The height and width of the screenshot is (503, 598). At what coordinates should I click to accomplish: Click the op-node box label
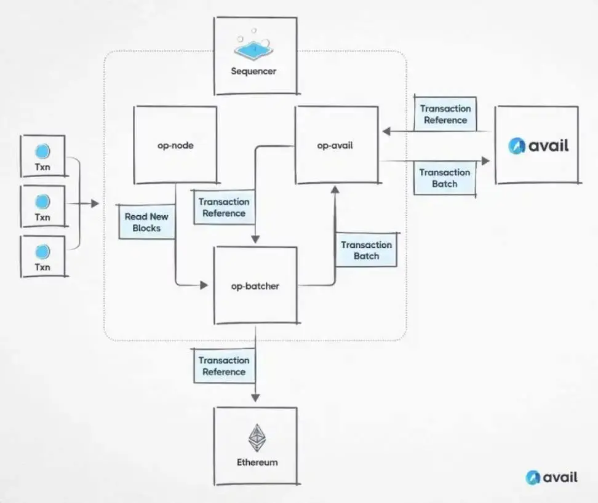pos(175,146)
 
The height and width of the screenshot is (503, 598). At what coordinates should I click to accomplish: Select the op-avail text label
pos(335,146)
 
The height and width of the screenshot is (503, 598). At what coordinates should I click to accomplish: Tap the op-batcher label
pos(255,286)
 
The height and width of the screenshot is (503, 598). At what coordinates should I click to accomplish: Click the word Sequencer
pos(253,71)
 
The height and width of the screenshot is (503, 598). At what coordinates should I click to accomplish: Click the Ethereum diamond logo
pos(257,438)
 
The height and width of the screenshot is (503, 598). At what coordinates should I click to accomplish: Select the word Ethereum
pos(257,462)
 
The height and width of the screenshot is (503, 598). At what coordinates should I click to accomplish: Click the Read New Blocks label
pos(146,222)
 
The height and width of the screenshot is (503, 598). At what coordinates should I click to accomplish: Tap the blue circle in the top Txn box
pos(42,151)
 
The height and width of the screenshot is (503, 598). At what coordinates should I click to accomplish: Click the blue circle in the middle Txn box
pos(42,202)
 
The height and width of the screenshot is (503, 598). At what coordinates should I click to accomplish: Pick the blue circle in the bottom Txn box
pos(42,252)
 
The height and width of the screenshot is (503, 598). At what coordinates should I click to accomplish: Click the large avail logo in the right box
pos(538,146)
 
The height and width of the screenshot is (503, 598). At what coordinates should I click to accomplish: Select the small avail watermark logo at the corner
pos(551,477)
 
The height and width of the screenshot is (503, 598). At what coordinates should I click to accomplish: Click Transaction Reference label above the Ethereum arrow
pos(224,366)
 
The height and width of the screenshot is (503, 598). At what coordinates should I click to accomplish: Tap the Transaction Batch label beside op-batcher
pos(366,250)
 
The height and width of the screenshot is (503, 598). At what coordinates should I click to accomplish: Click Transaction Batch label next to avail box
pos(445,178)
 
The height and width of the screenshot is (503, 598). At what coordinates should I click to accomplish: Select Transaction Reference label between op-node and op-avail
pos(224,207)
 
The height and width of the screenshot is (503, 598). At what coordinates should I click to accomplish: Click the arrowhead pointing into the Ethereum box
pos(255,397)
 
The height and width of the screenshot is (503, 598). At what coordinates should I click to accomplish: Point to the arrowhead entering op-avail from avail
pos(387,132)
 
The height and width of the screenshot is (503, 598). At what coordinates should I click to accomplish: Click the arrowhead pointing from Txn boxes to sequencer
pos(95,204)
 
